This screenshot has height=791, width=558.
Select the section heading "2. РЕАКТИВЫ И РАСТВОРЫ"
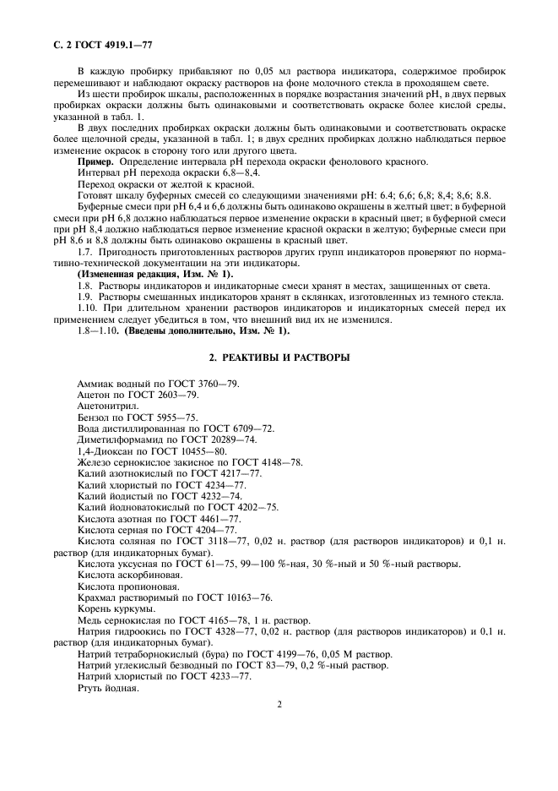coord(279,357)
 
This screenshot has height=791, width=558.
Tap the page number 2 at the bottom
coord(279,703)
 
